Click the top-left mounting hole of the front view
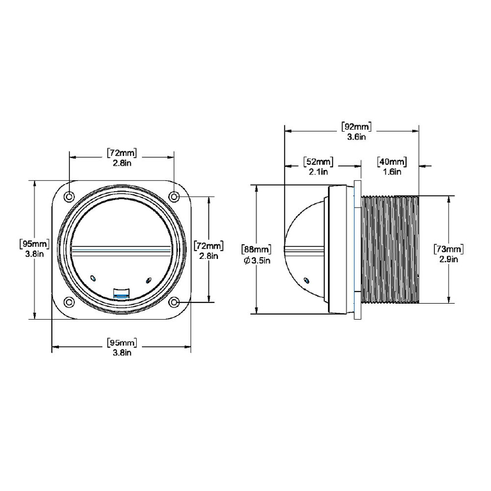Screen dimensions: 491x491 click(x=69, y=197)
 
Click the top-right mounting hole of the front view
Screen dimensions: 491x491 click(x=174, y=197)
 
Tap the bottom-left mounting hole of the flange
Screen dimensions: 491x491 click(x=69, y=302)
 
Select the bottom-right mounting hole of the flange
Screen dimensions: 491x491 click(x=174, y=302)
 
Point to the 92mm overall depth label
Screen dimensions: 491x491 click(x=356, y=127)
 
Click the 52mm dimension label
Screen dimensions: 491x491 click(x=318, y=162)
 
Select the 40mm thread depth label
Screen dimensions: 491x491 click(x=392, y=162)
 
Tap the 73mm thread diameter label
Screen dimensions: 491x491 click(x=449, y=249)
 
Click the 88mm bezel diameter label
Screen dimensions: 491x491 click(x=256, y=249)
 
